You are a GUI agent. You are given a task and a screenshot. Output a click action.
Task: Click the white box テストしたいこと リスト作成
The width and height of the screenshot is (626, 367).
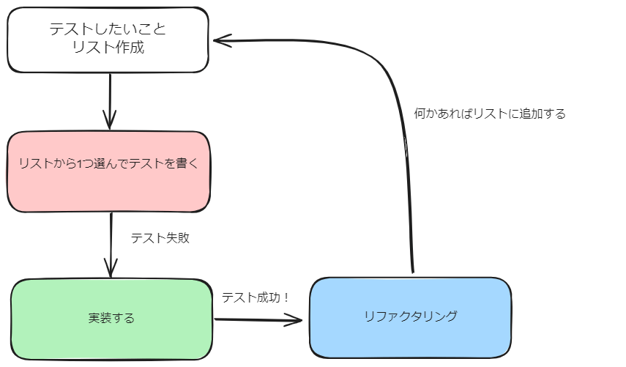click(108, 40)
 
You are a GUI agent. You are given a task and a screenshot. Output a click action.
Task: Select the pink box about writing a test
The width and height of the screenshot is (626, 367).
click(108, 171)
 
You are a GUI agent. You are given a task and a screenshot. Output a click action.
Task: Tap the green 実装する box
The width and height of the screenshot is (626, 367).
click(111, 319)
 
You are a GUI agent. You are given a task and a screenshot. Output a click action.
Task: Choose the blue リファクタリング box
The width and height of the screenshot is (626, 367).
click(410, 316)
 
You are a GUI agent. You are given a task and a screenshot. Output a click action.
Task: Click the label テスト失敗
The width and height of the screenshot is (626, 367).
click(160, 238)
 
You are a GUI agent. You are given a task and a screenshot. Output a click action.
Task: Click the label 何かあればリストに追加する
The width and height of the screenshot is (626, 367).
click(490, 114)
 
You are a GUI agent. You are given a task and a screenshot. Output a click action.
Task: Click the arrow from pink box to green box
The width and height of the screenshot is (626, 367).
click(111, 242)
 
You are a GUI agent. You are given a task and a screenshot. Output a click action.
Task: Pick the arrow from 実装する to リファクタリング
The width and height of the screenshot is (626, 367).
click(256, 319)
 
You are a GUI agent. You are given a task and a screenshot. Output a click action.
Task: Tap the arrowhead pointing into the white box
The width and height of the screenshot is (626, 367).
click(220, 40)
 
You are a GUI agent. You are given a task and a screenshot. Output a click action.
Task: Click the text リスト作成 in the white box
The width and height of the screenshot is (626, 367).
click(108, 50)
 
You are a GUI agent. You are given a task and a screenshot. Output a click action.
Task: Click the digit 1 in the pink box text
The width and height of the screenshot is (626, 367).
click(80, 163)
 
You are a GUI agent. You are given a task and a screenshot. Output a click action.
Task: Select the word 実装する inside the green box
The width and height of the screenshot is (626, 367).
click(111, 319)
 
